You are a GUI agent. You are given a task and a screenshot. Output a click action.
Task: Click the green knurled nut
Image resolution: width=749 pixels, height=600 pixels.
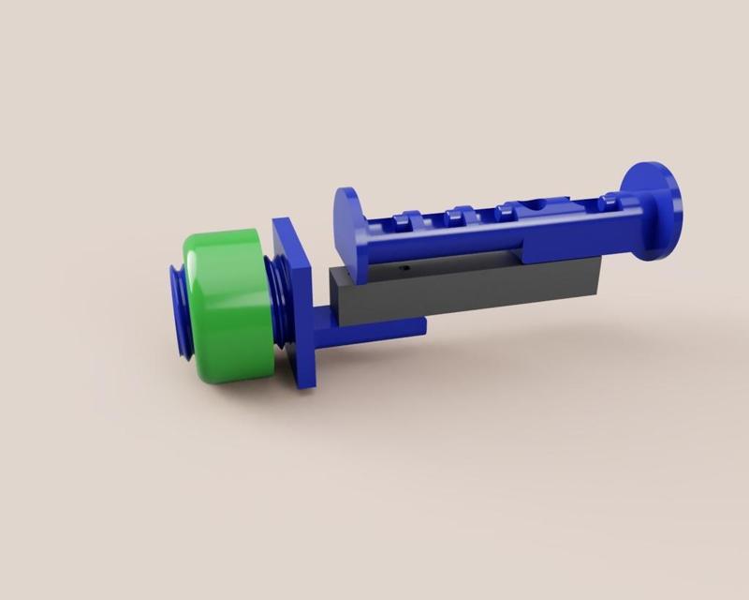[229, 305]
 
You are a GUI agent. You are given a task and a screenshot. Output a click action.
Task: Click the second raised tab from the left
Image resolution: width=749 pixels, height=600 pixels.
[456, 215]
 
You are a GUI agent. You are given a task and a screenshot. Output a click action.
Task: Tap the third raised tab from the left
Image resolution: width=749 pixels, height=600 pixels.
[511, 209]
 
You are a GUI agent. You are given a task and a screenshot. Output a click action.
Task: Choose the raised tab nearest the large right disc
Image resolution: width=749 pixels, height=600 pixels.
[609, 198]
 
